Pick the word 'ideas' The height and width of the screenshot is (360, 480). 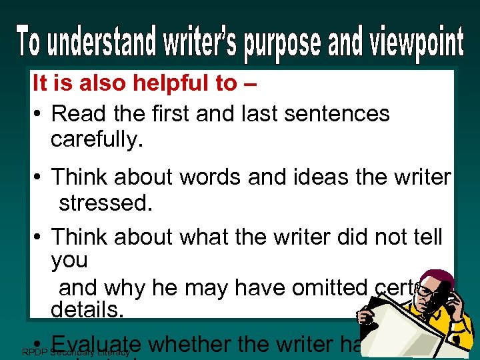295,177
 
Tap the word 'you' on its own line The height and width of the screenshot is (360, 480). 69,260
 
